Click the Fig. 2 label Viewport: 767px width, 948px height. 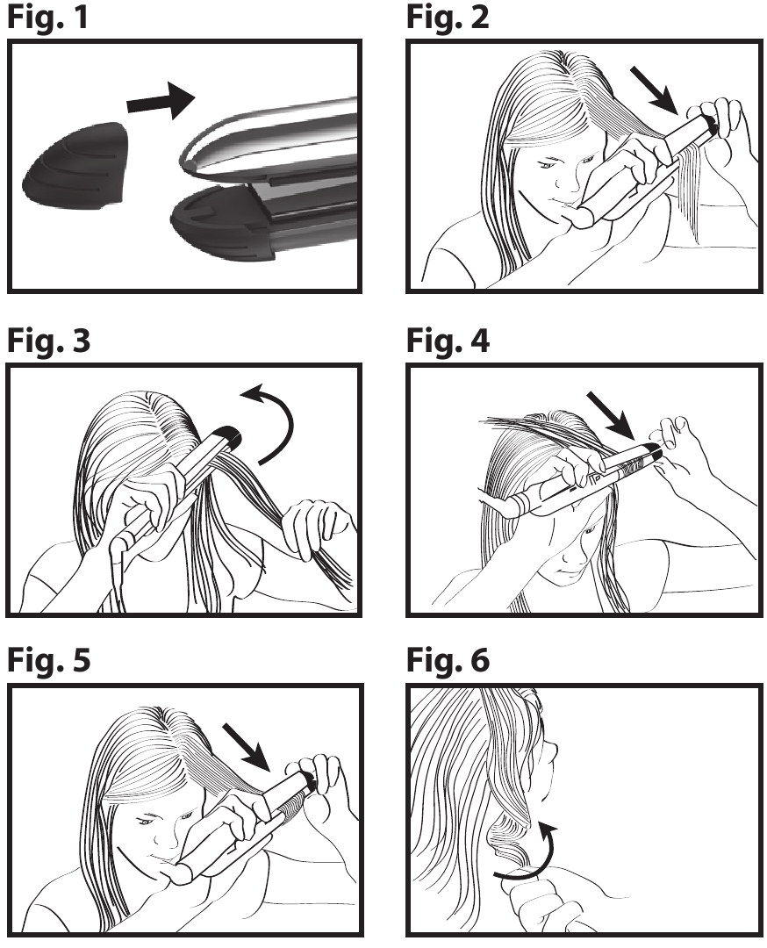pos(448,18)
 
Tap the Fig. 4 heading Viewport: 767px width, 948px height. pos(448,341)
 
